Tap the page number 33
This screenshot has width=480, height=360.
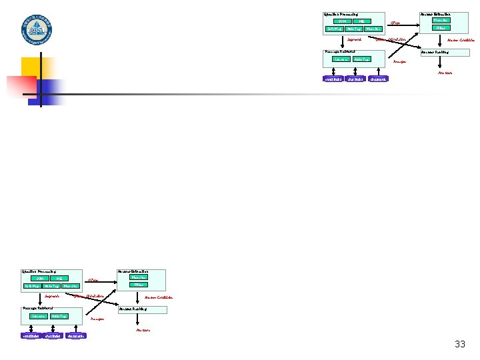tap(460, 344)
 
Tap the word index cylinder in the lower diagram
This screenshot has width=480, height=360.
tap(31, 335)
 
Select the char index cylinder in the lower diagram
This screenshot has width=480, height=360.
tap(53, 335)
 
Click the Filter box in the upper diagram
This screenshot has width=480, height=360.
tap(440, 28)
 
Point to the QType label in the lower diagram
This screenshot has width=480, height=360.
tap(93, 281)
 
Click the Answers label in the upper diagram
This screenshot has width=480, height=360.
tap(445, 73)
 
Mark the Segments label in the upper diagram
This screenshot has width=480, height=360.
tap(355, 39)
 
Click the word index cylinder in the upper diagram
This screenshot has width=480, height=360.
tap(333, 79)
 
